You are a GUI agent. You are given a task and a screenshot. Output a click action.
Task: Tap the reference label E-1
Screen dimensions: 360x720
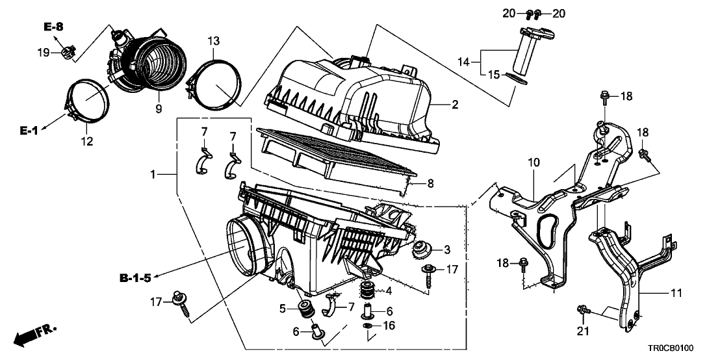(x=29, y=131)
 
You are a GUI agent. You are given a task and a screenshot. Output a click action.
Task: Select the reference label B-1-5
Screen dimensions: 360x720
(x=136, y=279)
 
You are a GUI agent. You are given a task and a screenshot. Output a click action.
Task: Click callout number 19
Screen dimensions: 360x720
(x=42, y=52)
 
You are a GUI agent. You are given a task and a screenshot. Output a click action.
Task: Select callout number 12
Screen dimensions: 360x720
(x=86, y=141)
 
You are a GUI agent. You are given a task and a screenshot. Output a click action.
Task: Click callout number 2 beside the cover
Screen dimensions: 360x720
(x=456, y=105)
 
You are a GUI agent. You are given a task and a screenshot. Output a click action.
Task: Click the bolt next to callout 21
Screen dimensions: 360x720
(x=583, y=312)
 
